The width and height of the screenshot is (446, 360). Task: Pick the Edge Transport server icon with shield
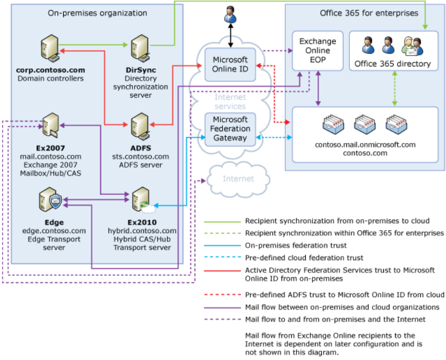point(50,201)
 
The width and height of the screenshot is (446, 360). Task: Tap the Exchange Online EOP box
point(318,50)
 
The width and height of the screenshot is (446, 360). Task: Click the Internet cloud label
point(238,179)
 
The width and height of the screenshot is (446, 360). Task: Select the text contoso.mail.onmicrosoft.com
point(365,145)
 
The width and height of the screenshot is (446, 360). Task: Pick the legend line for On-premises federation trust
point(222,245)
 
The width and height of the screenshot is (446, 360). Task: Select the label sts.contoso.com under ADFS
point(140,156)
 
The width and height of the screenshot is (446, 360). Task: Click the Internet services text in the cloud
point(230,101)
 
